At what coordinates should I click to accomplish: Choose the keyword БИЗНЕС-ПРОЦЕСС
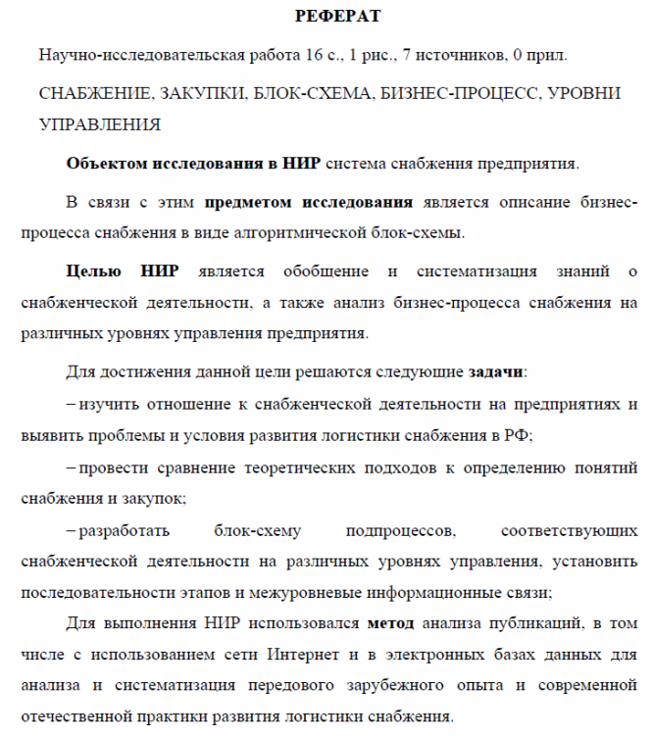click(456, 95)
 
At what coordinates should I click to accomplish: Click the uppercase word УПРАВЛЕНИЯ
click(98, 124)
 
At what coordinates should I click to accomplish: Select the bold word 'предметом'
click(249, 203)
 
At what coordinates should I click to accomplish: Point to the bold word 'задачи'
click(495, 371)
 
